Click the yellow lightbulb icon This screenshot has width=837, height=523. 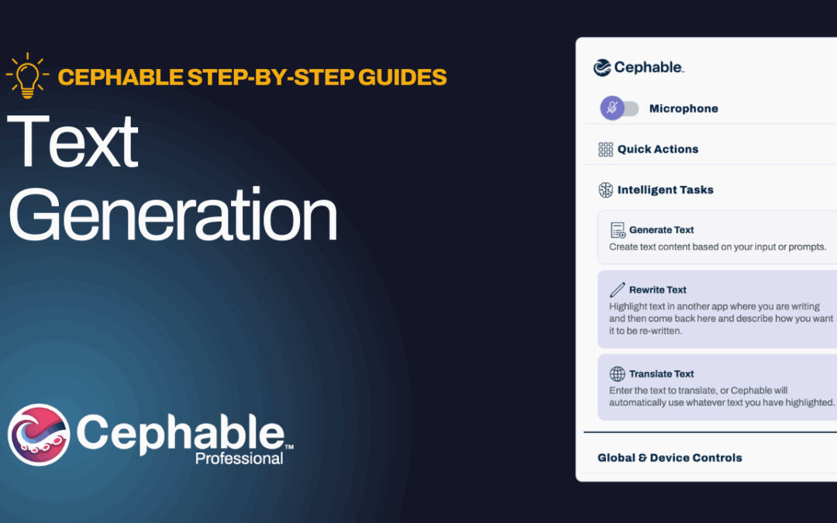[27, 75]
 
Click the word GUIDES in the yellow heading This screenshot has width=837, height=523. [402, 77]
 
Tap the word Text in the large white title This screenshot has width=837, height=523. [73, 141]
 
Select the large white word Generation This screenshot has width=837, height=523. [172, 215]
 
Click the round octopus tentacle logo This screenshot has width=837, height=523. [39, 435]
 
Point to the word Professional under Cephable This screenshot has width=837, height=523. [239, 459]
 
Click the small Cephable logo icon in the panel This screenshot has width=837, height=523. [602, 67]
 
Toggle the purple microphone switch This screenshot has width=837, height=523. [619, 108]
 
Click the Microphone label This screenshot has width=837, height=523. [684, 109]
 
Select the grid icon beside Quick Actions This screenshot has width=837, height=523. [605, 150]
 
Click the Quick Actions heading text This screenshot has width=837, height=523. [658, 150]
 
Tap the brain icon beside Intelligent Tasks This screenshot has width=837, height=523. [605, 190]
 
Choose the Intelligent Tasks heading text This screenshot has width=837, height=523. [665, 190]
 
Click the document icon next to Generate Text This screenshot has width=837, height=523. [618, 230]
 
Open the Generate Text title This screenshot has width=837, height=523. [661, 230]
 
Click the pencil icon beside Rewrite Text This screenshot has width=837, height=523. [617, 290]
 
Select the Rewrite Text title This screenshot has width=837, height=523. [658, 290]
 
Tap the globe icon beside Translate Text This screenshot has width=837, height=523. [617, 373]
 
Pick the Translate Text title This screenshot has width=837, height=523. [661, 373]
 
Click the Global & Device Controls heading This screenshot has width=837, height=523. [670, 458]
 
